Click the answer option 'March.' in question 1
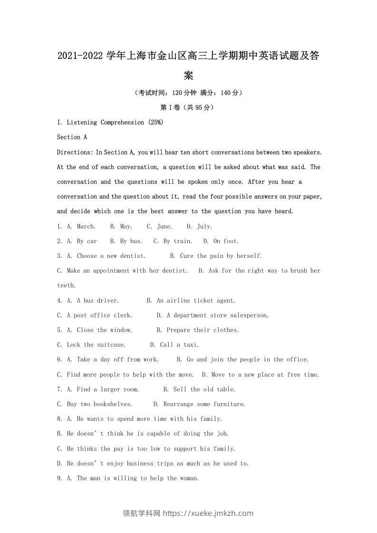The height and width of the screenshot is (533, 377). (x=86, y=226)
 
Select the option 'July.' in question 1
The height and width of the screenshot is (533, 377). (x=204, y=226)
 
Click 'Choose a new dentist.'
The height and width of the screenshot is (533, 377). (x=111, y=256)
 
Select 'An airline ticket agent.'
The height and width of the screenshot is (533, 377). (x=196, y=300)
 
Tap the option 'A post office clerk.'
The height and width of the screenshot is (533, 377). (x=95, y=315)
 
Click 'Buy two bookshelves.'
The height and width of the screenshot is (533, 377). (x=99, y=404)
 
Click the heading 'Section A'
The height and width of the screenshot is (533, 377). (x=72, y=137)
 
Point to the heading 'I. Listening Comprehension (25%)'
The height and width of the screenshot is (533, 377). (x=110, y=122)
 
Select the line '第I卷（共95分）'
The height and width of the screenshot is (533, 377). (x=188, y=107)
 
